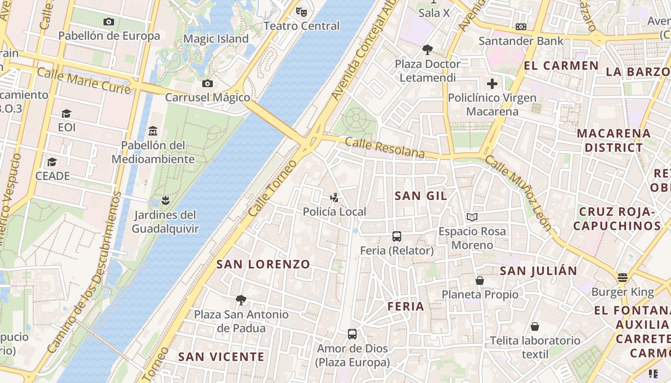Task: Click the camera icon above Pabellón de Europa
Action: point(109,22)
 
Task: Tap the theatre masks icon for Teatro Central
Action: point(301,11)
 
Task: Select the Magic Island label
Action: point(216,39)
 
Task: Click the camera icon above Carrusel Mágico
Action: point(207,84)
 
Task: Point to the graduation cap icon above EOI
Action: point(66,113)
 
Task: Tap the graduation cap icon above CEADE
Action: point(52,162)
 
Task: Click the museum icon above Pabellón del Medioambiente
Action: point(153,131)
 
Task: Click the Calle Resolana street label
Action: point(385,147)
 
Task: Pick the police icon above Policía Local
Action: point(335,197)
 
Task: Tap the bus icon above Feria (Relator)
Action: point(397,236)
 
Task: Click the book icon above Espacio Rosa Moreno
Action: point(472,217)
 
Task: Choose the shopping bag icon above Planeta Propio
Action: point(480,280)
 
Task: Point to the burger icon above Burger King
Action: point(623,278)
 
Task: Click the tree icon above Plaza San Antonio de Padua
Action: point(241,300)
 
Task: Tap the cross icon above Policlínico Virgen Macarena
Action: point(492,84)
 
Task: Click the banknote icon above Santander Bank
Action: point(521,27)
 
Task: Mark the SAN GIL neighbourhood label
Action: point(421,195)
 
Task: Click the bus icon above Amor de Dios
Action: point(352,334)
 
